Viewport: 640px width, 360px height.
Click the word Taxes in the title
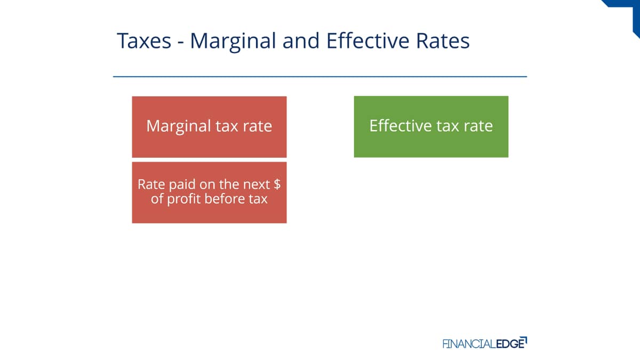pyautogui.click(x=144, y=41)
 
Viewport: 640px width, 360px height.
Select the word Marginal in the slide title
pyautogui.click(x=233, y=42)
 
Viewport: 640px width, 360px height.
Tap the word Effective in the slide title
pyautogui.click(x=369, y=41)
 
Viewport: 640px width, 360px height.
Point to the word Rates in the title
pyautogui.click(x=443, y=41)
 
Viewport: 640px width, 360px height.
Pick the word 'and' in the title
pyautogui.click(x=301, y=41)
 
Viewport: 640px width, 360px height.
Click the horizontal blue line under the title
pyautogui.click(x=320, y=77)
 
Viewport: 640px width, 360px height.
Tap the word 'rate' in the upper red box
pyautogui.click(x=258, y=126)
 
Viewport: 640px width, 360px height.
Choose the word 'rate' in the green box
pyautogui.click(x=478, y=126)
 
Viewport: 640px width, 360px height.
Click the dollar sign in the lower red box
pyautogui.click(x=277, y=185)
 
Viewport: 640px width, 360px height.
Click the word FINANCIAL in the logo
pyautogui.click(x=469, y=343)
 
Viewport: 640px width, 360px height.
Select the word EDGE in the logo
pyautogui.click(x=510, y=343)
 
